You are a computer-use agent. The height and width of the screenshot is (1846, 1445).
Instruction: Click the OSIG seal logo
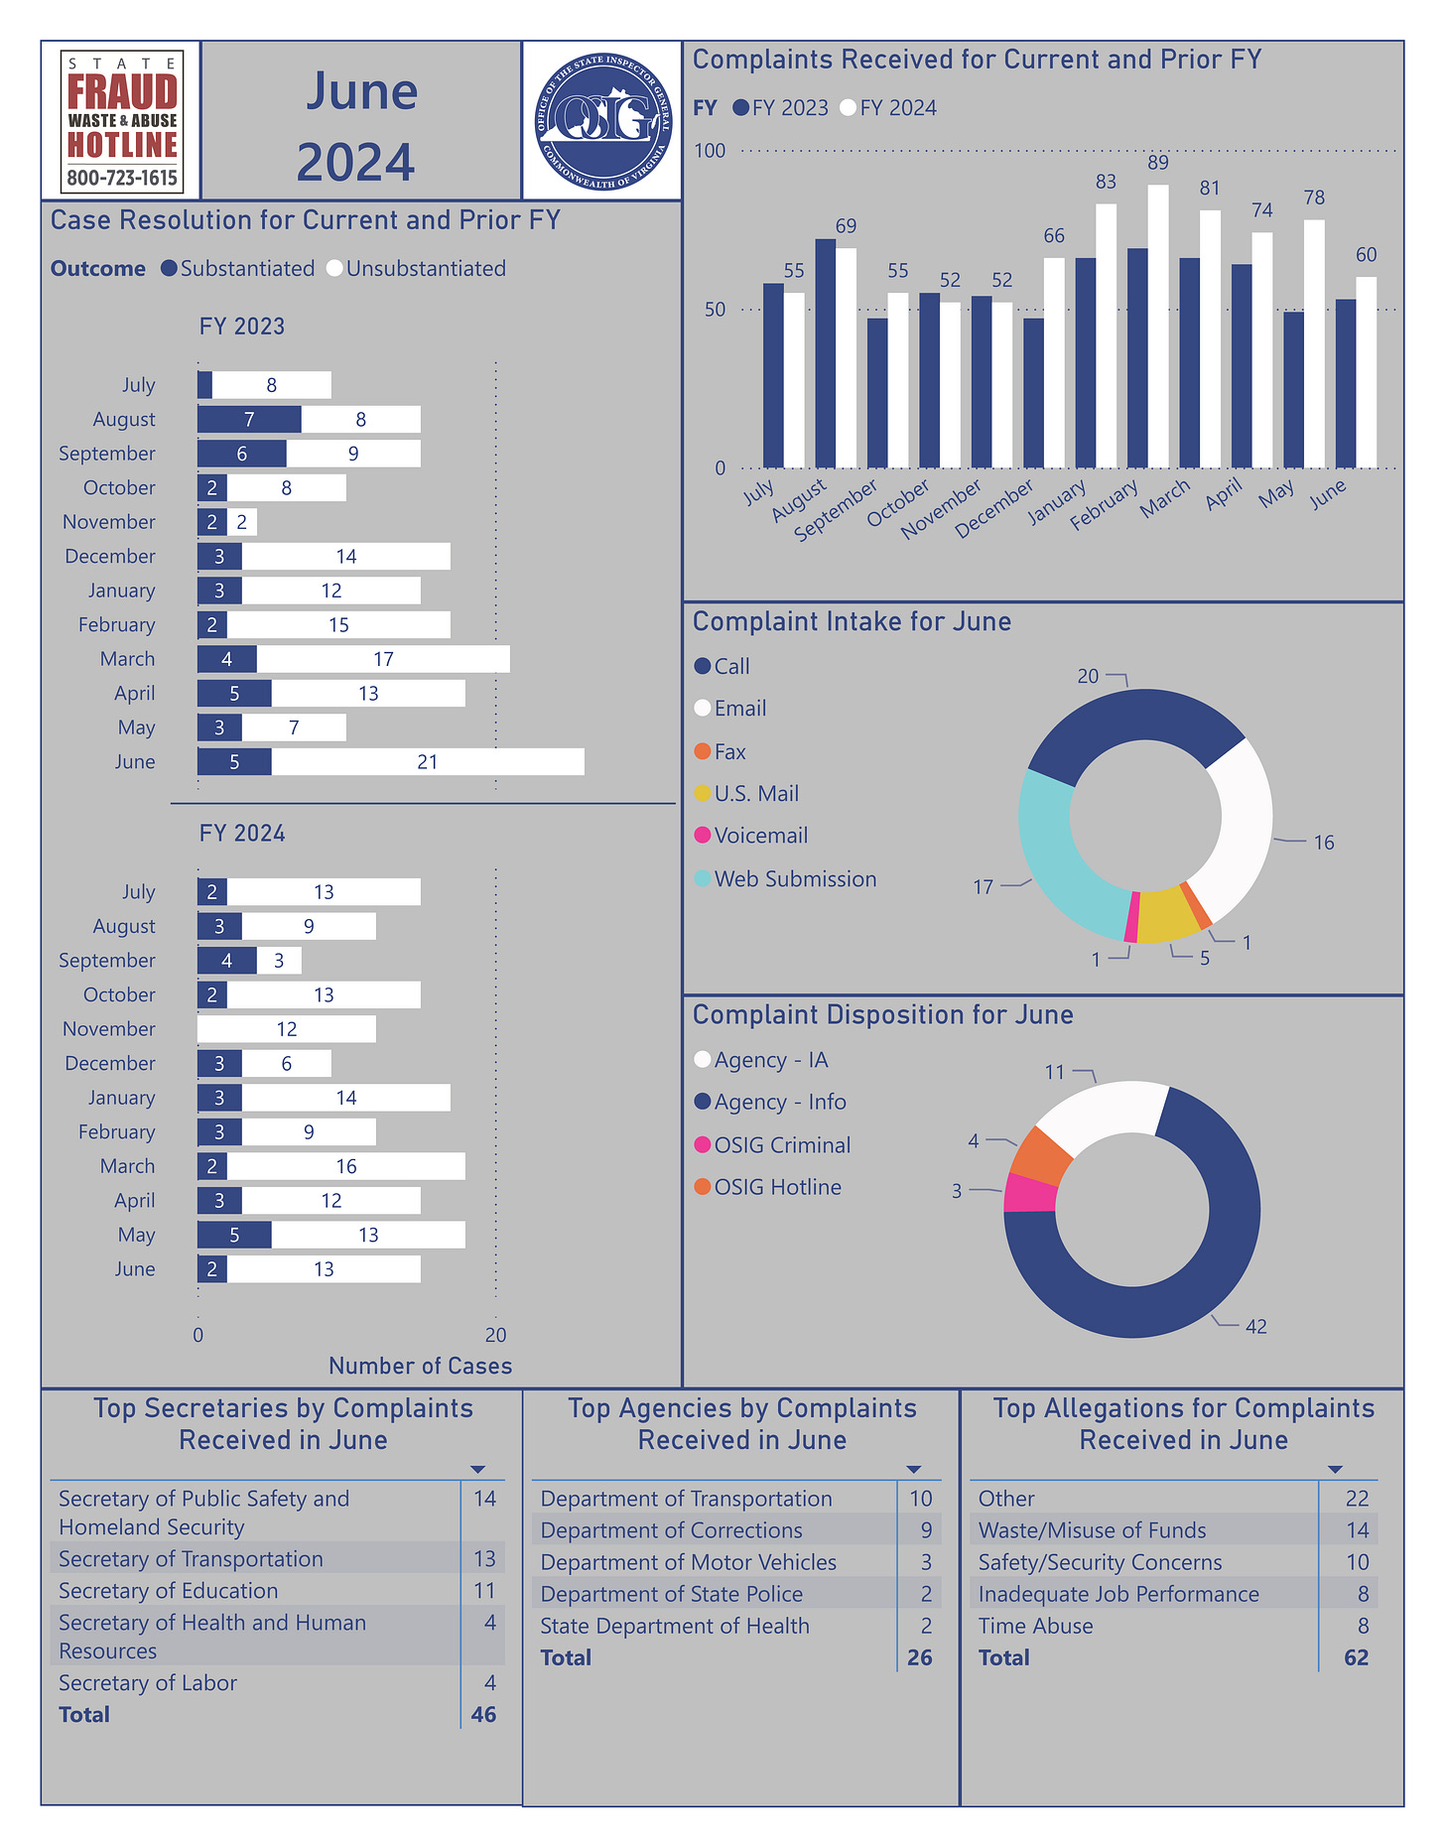pyautogui.click(x=601, y=120)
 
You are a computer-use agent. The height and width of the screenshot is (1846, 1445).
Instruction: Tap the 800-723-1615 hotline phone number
pyautogui.click(x=122, y=179)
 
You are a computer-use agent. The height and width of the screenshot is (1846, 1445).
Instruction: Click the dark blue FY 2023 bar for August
pyautogui.click(x=825, y=353)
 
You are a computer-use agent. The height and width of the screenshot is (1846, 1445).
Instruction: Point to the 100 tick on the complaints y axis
pyautogui.click(x=710, y=151)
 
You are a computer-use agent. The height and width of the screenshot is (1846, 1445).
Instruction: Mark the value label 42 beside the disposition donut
pyautogui.click(x=1255, y=1327)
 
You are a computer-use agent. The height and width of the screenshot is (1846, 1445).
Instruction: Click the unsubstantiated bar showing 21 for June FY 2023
pyautogui.click(x=428, y=762)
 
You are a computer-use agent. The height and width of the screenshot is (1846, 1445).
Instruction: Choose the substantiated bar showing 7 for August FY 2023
pyautogui.click(x=249, y=420)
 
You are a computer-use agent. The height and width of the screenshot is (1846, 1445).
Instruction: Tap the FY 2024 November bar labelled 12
pyautogui.click(x=287, y=1029)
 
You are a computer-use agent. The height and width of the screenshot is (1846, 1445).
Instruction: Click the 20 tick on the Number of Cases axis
pyautogui.click(x=495, y=1335)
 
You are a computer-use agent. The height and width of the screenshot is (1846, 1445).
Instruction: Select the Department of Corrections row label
pyautogui.click(x=671, y=1530)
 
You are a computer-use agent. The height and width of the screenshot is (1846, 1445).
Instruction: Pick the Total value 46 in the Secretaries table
pyautogui.click(x=483, y=1715)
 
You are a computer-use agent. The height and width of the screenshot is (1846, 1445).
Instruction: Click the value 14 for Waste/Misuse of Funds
pyautogui.click(x=1357, y=1530)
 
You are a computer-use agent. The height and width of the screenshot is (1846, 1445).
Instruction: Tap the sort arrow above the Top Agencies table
pyautogui.click(x=914, y=1469)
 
